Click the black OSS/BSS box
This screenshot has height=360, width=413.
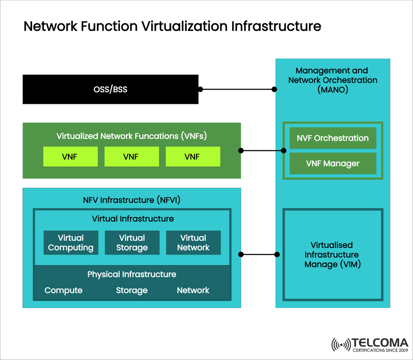(110, 89)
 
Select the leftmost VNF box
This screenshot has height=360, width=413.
(70, 157)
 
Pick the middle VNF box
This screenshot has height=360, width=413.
(131, 157)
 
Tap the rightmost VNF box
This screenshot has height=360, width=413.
(193, 157)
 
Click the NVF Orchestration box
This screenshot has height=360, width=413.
(333, 138)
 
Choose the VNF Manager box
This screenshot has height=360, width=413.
(333, 164)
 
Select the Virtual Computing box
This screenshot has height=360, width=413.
(71, 243)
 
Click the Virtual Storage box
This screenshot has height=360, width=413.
(132, 243)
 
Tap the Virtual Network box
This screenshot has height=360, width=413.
(193, 243)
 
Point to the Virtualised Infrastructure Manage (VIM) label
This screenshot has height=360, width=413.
(332, 255)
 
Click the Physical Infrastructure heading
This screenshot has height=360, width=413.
(132, 274)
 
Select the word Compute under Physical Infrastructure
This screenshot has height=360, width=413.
(64, 290)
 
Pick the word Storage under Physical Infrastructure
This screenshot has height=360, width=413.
(132, 290)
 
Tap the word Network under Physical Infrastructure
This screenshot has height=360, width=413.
(193, 290)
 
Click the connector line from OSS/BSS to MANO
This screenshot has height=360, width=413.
(237, 89)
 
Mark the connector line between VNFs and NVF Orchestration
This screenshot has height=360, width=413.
(262, 151)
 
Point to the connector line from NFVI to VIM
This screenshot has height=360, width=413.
(259, 255)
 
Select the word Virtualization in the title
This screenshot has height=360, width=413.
(184, 27)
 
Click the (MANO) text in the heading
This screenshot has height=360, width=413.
(333, 90)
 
